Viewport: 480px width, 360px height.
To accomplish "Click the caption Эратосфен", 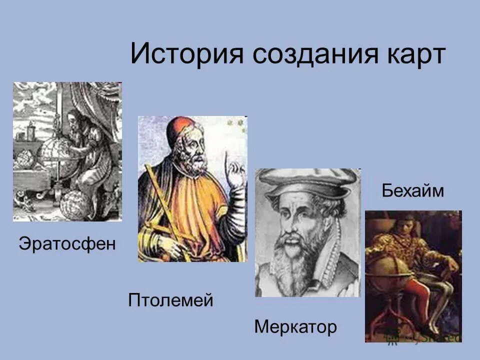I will click(67, 244).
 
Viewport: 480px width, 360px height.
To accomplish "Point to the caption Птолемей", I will click(170, 300).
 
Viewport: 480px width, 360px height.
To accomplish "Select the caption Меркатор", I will click(295, 327).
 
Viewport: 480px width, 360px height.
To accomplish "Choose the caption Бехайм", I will click(413, 190).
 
